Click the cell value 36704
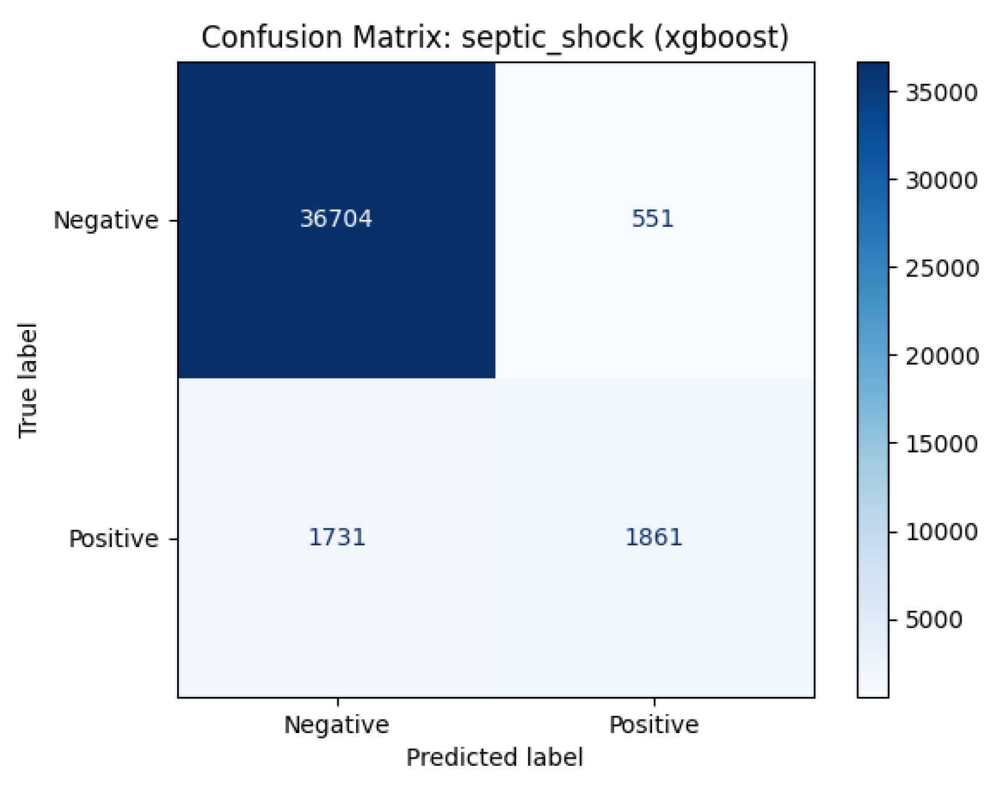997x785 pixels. click(336, 219)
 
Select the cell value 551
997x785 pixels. click(653, 219)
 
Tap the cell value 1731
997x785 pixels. click(336, 537)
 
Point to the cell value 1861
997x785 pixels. click(653, 537)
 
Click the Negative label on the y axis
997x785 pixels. click(105, 220)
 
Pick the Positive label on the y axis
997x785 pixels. click(113, 539)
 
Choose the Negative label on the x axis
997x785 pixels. click(336, 725)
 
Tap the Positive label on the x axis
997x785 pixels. click(653, 725)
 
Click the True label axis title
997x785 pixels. click(28, 380)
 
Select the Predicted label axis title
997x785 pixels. click(494, 758)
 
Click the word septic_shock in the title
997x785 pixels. click(552, 38)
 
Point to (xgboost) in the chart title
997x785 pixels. click(721, 38)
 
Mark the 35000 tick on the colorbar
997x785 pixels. click(941, 92)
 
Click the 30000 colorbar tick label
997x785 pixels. click(941, 180)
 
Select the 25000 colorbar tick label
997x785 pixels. click(941, 268)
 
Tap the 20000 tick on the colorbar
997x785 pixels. click(941, 356)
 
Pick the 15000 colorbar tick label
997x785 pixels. click(941, 444)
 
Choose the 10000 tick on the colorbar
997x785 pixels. click(941, 532)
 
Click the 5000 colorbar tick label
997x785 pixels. click(933, 619)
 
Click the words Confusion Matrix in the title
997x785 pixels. click(329, 38)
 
